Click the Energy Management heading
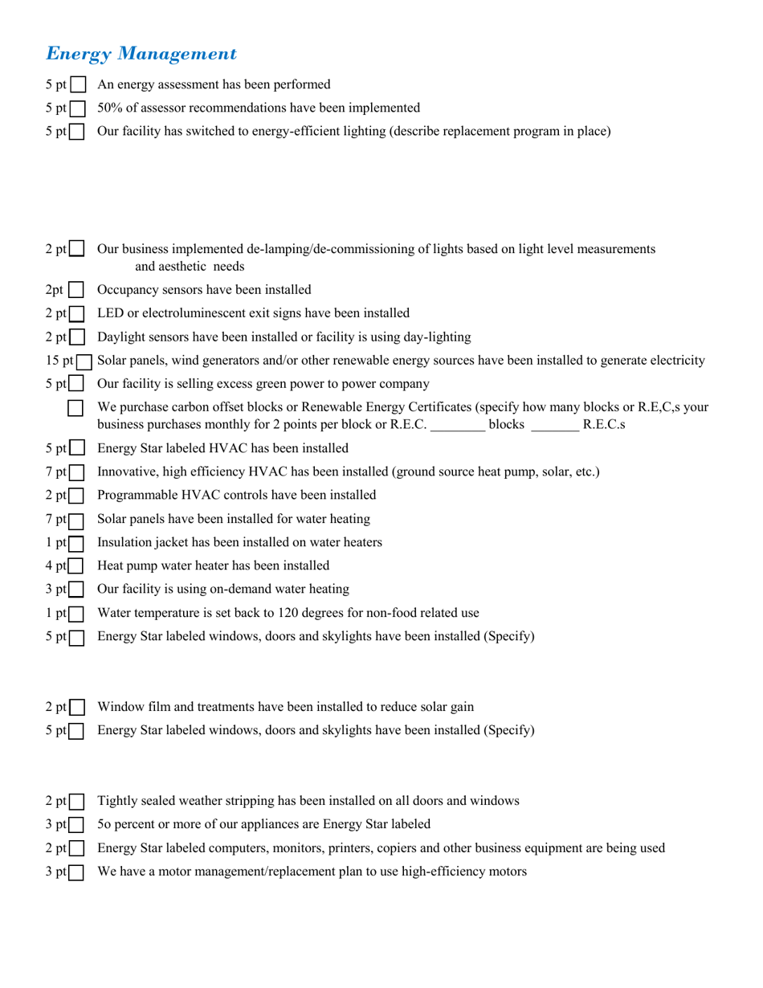(x=141, y=54)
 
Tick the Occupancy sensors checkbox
(x=76, y=290)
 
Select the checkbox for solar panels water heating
(x=77, y=520)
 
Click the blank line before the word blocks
(x=458, y=424)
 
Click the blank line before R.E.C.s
(x=555, y=424)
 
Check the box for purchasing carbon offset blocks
(x=76, y=408)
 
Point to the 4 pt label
(x=55, y=566)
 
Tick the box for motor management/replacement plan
(x=77, y=872)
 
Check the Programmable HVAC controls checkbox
(x=77, y=496)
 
